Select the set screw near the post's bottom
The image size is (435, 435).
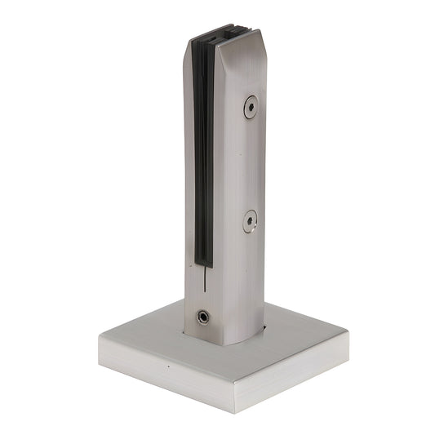[x=202, y=316]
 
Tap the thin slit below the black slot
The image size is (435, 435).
[x=199, y=286]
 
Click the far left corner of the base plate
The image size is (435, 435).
[x=100, y=335]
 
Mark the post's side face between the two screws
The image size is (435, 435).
[x=245, y=163]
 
